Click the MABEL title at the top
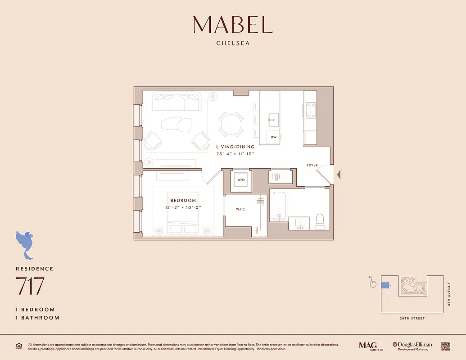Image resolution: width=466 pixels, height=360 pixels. pos(233,25)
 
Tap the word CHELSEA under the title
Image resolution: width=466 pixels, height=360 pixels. pos(233,44)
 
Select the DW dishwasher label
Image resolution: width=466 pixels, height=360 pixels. pos(273,137)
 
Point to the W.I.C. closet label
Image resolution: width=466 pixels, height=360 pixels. pos(240,209)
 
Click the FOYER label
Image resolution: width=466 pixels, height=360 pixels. pos(312,165)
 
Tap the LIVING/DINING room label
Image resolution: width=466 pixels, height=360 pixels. pos(235,147)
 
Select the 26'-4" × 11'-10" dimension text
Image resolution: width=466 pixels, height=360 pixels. pos(235,153)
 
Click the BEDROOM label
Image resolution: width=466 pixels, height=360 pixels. pos(183,200)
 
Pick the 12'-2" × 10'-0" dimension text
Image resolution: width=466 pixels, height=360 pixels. pos(183,207)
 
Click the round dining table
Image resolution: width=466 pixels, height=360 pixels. pos(231,124)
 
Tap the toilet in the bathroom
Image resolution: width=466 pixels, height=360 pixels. pos(320,220)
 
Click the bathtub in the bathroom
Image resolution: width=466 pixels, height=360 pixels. pos(279,206)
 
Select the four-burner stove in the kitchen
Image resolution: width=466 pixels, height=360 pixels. pos(310,110)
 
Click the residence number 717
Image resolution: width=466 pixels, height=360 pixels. pos(30,286)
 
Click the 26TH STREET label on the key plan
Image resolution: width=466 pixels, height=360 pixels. pos(412,319)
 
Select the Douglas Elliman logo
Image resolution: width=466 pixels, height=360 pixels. pos(412,346)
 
